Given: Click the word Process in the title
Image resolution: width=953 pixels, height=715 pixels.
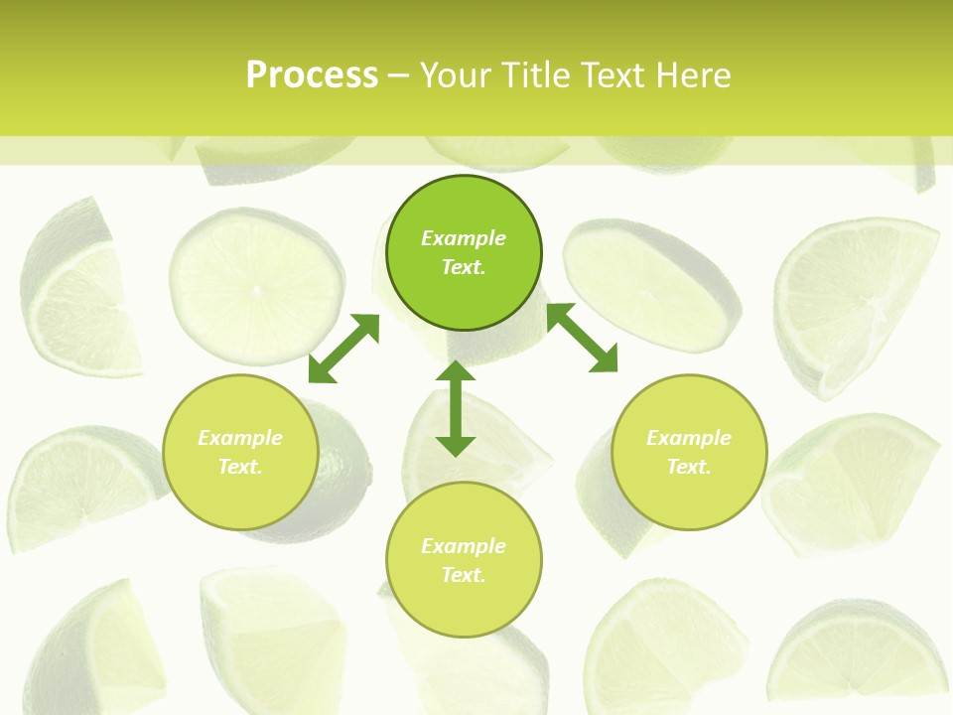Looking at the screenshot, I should [312, 75].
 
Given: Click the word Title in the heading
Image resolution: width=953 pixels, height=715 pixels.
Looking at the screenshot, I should [537, 75].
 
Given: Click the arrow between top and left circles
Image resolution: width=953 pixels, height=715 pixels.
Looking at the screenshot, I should [344, 348].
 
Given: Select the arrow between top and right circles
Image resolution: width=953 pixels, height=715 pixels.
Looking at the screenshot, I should [582, 338].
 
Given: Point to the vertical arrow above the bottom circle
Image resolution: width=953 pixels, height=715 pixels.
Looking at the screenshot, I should [456, 408].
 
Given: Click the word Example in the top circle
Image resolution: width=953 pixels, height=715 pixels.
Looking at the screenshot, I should [464, 238].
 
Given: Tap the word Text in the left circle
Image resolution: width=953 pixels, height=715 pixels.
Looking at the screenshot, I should [240, 467].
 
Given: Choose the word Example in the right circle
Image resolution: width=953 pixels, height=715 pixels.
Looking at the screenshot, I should [689, 438].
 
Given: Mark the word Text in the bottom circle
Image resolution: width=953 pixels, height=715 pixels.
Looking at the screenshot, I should [464, 575].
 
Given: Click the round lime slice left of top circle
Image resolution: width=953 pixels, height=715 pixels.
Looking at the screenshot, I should [255, 285].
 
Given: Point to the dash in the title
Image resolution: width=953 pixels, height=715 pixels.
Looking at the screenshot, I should [398, 75].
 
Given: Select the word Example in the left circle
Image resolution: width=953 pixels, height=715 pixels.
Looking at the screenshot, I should [240, 438].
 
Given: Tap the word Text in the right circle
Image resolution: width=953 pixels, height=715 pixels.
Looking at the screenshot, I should [689, 467].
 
